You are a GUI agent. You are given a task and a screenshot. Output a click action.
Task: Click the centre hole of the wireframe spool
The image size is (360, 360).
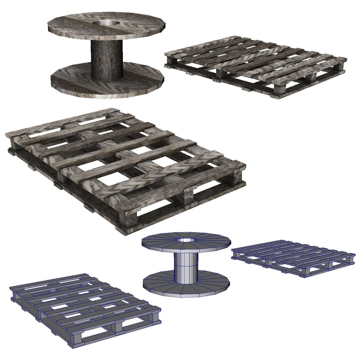(186, 240)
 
